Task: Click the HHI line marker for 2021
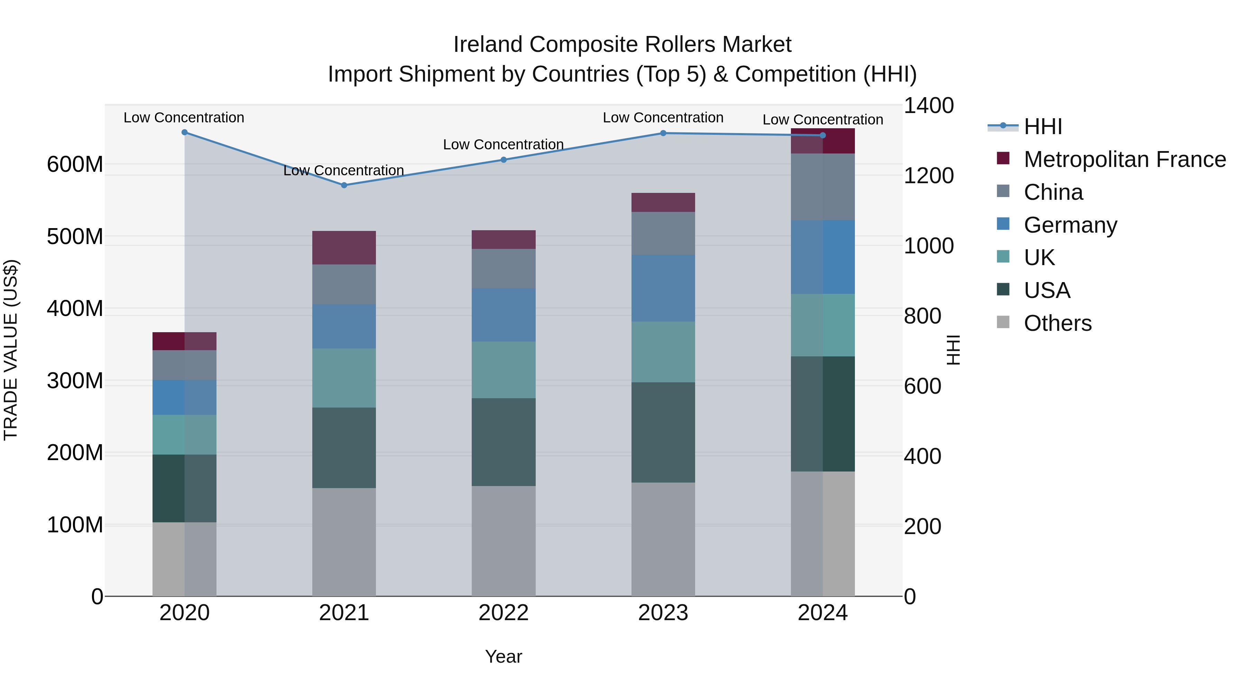[x=344, y=185]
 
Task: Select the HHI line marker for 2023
[x=663, y=133]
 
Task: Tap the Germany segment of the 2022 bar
[x=504, y=315]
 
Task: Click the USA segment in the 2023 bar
[x=663, y=432]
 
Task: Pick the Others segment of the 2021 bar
[x=344, y=542]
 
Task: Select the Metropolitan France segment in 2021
[x=344, y=248]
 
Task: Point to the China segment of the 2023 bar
[x=663, y=233]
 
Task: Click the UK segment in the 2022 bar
[x=504, y=370]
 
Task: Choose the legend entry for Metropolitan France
[x=1125, y=159]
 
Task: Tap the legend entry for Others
[x=1058, y=323]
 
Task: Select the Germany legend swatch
[x=1003, y=224]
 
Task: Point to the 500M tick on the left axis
[x=75, y=237]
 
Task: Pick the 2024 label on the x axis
[x=823, y=613]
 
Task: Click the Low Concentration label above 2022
[x=504, y=144]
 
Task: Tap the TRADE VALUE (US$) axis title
[x=11, y=350]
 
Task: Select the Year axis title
[x=504, y=656]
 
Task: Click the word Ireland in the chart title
[x=488, y=45]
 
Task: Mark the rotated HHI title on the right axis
[x=953, y=350]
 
